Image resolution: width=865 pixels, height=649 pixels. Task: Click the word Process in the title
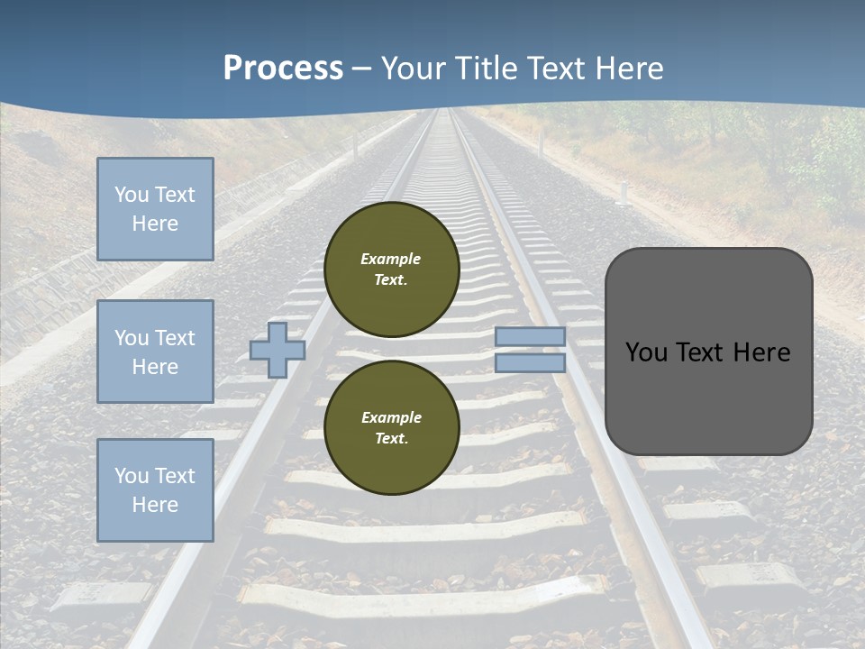[x=283, y=69]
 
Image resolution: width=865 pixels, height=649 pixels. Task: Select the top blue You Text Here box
[x=155, y=209]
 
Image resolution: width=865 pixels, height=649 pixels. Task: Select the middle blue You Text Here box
[x=155, y=352]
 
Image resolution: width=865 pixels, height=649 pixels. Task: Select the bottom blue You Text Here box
[x=155, y=490]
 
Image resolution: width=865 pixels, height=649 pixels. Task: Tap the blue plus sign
[x=278, y=350]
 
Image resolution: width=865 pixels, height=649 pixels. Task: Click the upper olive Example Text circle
[x=392, y=269]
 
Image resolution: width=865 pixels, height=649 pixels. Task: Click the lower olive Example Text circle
[x=392, y=428]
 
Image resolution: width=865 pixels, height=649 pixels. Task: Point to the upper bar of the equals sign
[x=530, y=336]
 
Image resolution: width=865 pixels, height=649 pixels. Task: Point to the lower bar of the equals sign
[x=530, y=362]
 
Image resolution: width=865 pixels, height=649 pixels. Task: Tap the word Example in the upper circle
[x=391, y=259]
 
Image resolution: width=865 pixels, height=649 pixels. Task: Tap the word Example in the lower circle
[x=391, y=417]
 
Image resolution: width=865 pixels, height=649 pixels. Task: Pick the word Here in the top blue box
[x=155, y=224]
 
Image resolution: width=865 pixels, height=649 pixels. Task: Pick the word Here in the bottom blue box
[x=155, y=505]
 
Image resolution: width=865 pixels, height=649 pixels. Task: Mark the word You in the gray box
[x=647, y=352]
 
